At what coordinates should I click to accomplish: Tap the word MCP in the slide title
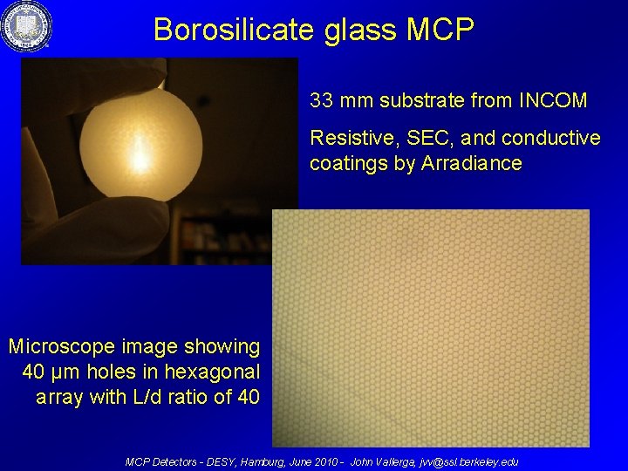click(x=440, y=30)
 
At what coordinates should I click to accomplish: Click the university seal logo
click(x=25, y=26)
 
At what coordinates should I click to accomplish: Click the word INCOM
click(x=553, y=101)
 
